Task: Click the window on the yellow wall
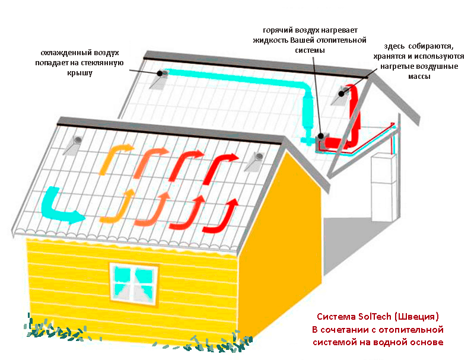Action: coord(134,284)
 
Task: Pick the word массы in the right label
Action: coord(419,77)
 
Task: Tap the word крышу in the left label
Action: coord(79,73)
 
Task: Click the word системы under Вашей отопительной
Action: coord(310,50)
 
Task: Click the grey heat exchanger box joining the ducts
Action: coord(322,141)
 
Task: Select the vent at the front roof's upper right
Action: coord(256,161)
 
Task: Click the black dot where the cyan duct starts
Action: coord(160,73)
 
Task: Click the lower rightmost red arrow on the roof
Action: coord(221,216)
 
